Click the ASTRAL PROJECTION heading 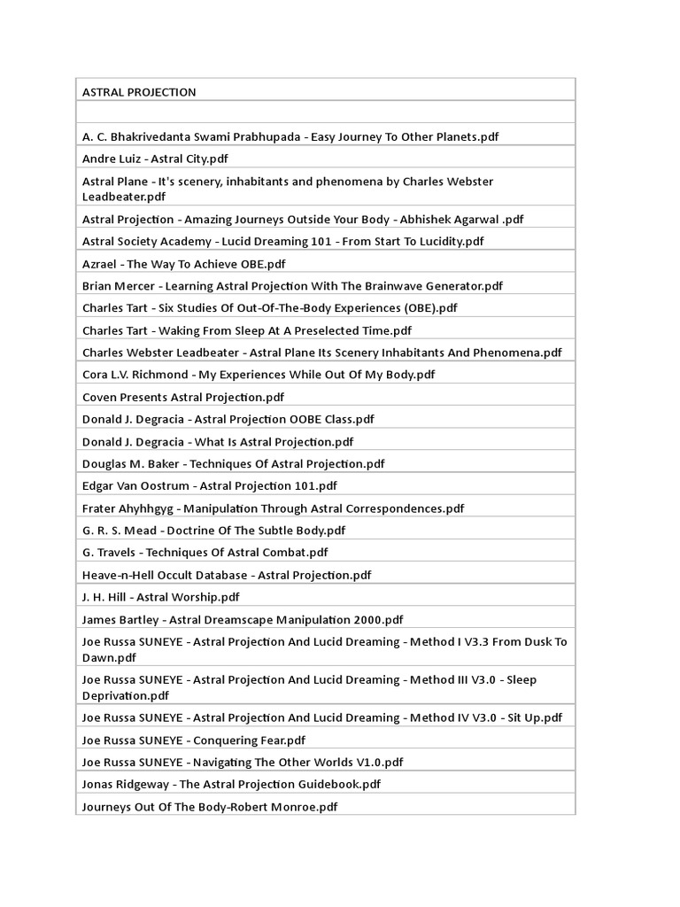pos(139,92)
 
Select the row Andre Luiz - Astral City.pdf pos(155,159)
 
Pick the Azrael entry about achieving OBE pos(183,263)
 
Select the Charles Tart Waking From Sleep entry pos(246,330)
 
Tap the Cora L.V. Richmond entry pos(259,375)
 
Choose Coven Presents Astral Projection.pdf pos(182,397)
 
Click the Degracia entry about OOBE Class pos(228,419)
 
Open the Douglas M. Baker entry pos(233,463)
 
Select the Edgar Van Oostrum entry pos(209,485)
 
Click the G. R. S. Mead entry pos(213,531)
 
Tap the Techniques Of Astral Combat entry pos(205,553)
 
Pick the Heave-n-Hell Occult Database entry pos(226,575)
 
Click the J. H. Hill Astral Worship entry pos(160,597)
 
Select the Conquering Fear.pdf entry pos(193,740)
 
